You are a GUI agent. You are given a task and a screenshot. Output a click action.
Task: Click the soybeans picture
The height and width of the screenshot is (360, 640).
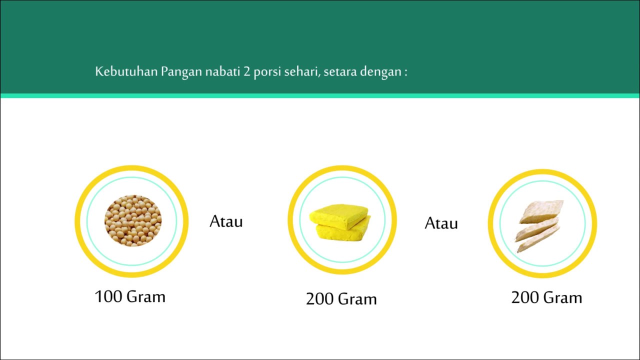pyautogui.click(x=133, y=220)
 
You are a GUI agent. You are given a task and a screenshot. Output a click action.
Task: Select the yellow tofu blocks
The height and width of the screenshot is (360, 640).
pyautogui.click(x=340, y=221)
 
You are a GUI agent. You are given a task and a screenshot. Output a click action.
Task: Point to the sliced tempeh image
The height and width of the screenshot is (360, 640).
pyautogui.click(x=540, y=225)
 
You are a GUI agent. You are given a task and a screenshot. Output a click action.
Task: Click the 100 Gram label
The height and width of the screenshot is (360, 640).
pyautogui.click(x=130, y=296)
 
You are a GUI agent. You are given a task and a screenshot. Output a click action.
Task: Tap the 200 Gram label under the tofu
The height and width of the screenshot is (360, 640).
pyautogui.click(x=341, y=299)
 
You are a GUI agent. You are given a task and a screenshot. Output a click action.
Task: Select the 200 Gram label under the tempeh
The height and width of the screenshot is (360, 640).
pyautogui.click(x=546, y=297)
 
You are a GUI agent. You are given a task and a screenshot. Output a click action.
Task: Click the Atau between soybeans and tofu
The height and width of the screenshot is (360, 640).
pyautogui.click(x=226, y=221)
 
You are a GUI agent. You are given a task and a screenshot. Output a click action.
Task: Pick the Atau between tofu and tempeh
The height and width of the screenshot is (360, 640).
pyautogui.click(x=441, y=223)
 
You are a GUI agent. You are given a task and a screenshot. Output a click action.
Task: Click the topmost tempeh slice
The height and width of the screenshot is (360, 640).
pyautogui.click(x=542, y=210)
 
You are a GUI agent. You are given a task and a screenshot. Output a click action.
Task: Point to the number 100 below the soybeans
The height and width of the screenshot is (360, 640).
pyautogui.click(x=108, y=296)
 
